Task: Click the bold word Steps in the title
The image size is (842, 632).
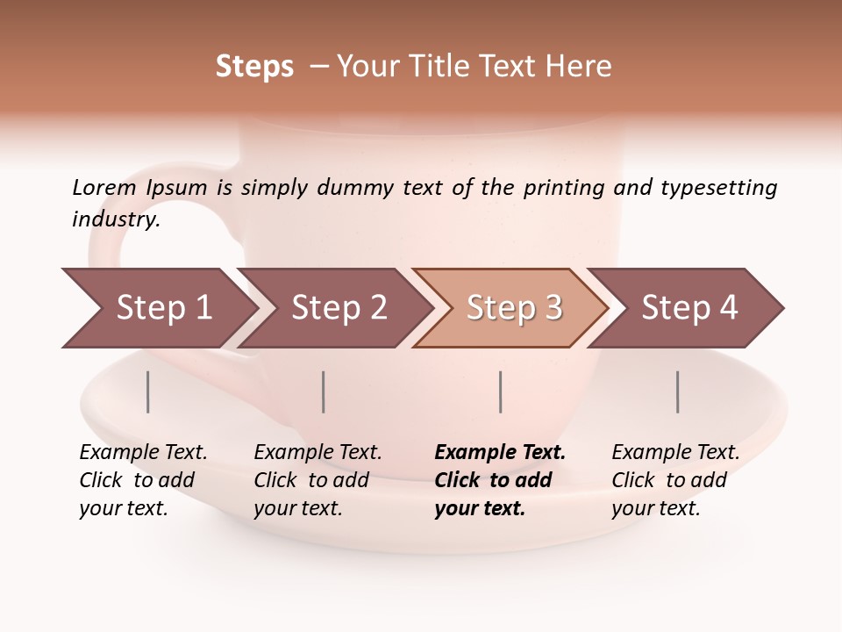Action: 254,67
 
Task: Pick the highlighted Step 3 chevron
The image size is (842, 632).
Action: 514,307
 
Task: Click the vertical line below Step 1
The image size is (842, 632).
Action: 148,391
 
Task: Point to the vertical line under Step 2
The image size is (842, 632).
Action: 324,391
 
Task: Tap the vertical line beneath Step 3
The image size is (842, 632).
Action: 500,391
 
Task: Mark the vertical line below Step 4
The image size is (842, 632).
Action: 677,391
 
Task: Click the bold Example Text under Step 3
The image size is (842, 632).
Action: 500,453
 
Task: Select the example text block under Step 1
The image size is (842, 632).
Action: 143,480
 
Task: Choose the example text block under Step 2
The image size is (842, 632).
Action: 318,480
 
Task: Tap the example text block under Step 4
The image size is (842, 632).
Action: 675,480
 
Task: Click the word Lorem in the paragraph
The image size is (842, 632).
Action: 104,187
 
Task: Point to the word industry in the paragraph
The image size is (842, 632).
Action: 116,219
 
